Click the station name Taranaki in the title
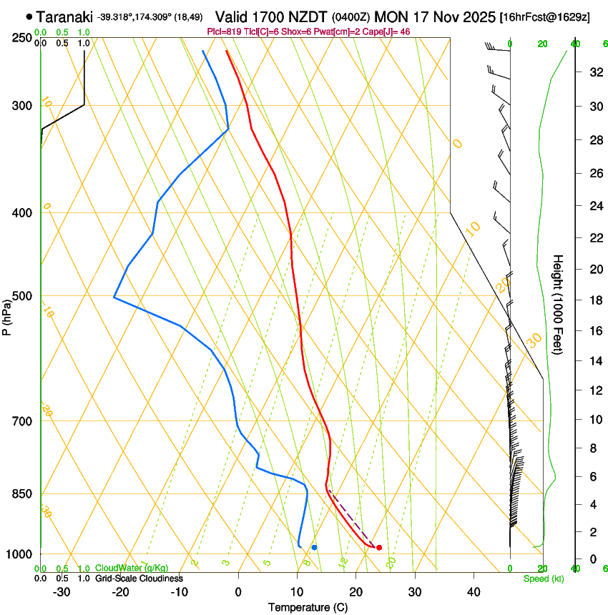click(64, 16)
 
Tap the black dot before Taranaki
click(29, 16)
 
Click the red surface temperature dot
click(379, 548)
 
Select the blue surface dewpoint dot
click(314, 547)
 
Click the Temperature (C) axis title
click(308, 607)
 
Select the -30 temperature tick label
click(62, 592)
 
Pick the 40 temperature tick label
click(473, 592)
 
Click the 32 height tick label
click(594, 72)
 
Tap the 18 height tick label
click(594, 300)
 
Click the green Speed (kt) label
click(544, 579)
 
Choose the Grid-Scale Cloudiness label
click(139, 579)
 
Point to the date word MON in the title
click(389, 16)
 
